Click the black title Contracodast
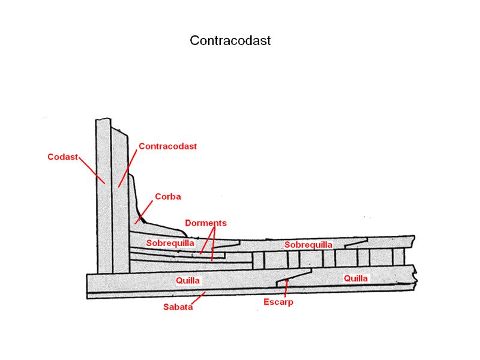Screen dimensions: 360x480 click(230, 41)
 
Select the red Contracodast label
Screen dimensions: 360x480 click(167, 146)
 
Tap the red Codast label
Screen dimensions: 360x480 click(63, 157)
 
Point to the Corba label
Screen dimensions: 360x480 click(167, 196)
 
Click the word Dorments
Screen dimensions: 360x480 click(206, 223)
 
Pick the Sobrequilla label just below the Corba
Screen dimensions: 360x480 click(170, 243)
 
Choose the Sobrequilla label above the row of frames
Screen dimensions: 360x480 click(308, 245)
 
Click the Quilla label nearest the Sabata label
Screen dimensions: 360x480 click(188, 280)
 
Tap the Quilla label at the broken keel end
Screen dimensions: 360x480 click(356, 278)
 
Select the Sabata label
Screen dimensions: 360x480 click(178, 307)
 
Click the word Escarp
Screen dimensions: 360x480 click(278, 302)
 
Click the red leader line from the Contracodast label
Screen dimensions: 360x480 click(128, 167)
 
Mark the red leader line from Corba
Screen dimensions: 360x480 click(145, 212)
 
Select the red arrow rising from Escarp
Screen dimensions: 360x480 click(287, 287)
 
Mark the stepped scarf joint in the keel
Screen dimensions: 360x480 click(293, 277)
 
